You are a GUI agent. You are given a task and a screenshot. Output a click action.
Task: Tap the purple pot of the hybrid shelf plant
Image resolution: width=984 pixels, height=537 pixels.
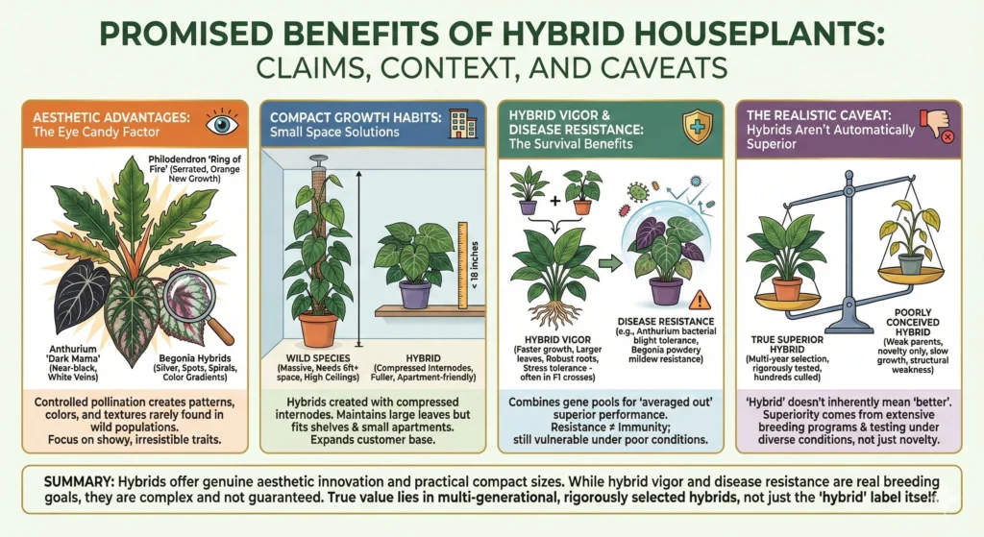[414, 293]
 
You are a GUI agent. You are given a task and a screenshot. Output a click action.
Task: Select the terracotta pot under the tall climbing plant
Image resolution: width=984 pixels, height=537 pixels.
[318, 328]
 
